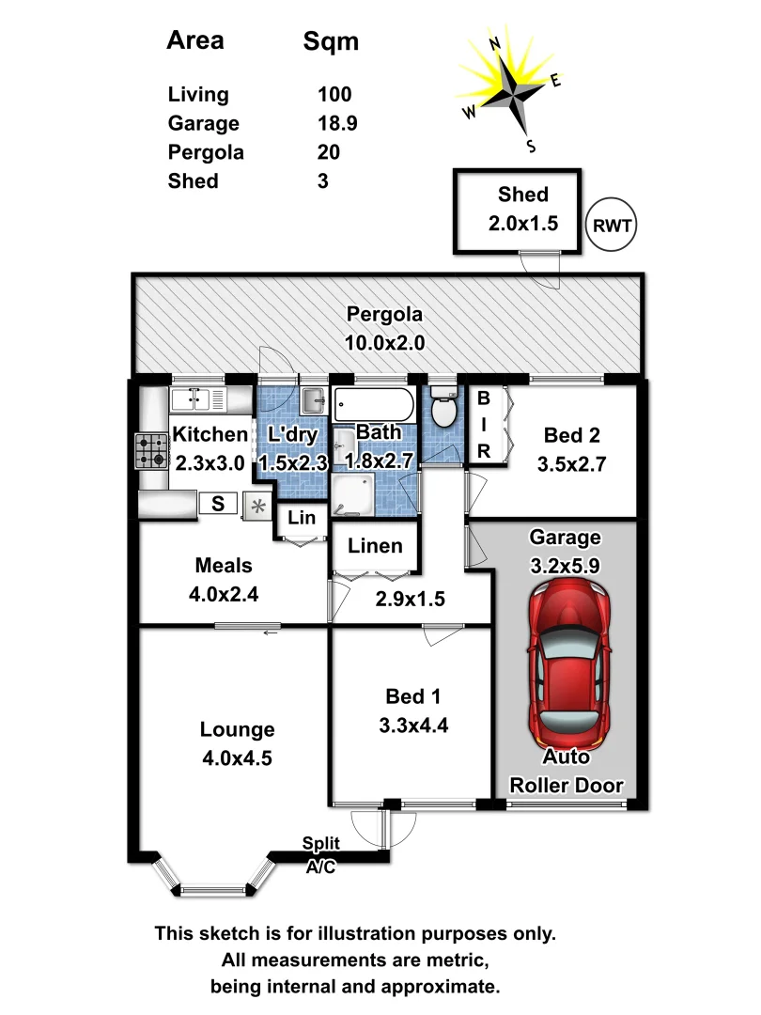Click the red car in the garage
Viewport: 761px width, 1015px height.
(x=568, y=664)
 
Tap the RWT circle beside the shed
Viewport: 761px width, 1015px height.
(x=612, y=226)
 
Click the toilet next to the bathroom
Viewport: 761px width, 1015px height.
(x=443, y=407)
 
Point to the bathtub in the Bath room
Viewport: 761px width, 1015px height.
(x=374, y=404)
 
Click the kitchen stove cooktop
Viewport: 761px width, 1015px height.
(x=151, y=450)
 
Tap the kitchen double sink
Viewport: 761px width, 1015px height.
(x=198, y=399)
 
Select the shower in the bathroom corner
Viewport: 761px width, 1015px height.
(x=353, y=495)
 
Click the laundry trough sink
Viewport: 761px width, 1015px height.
(x=314, y=400)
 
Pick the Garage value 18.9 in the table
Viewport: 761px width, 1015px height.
(x=337, y=123)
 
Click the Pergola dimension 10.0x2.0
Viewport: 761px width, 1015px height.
(x=384, y=342)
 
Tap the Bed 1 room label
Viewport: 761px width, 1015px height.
(x=412, y=696)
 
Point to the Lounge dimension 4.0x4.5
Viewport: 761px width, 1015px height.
(x=237, y=758)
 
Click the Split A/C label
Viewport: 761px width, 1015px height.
(x=321, y=854)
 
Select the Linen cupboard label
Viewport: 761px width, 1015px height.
(x=375, y=546)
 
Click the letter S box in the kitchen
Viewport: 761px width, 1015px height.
(x=217, y=504)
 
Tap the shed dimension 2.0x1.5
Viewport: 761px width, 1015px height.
(x=523, y=224)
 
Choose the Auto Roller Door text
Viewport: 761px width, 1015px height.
(x=567, y=771)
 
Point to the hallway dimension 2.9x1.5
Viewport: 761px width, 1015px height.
(x=411, y=599)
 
